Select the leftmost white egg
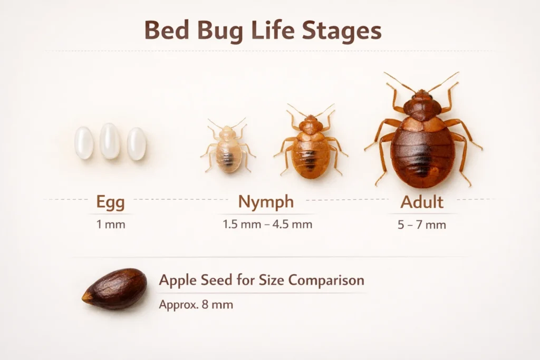(x=84, y=143)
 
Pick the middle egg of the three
(x=110, y=141)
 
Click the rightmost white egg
(x=137, y=143)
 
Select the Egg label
(x=111, y=202)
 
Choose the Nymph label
(x=266, y=202)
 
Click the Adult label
(x=422, y=201)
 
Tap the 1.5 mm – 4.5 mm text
(x=267, y=225)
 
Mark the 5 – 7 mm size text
(x=422, y=225)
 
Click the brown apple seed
(x=114, y=288)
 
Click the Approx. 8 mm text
(x=196, y=305)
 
